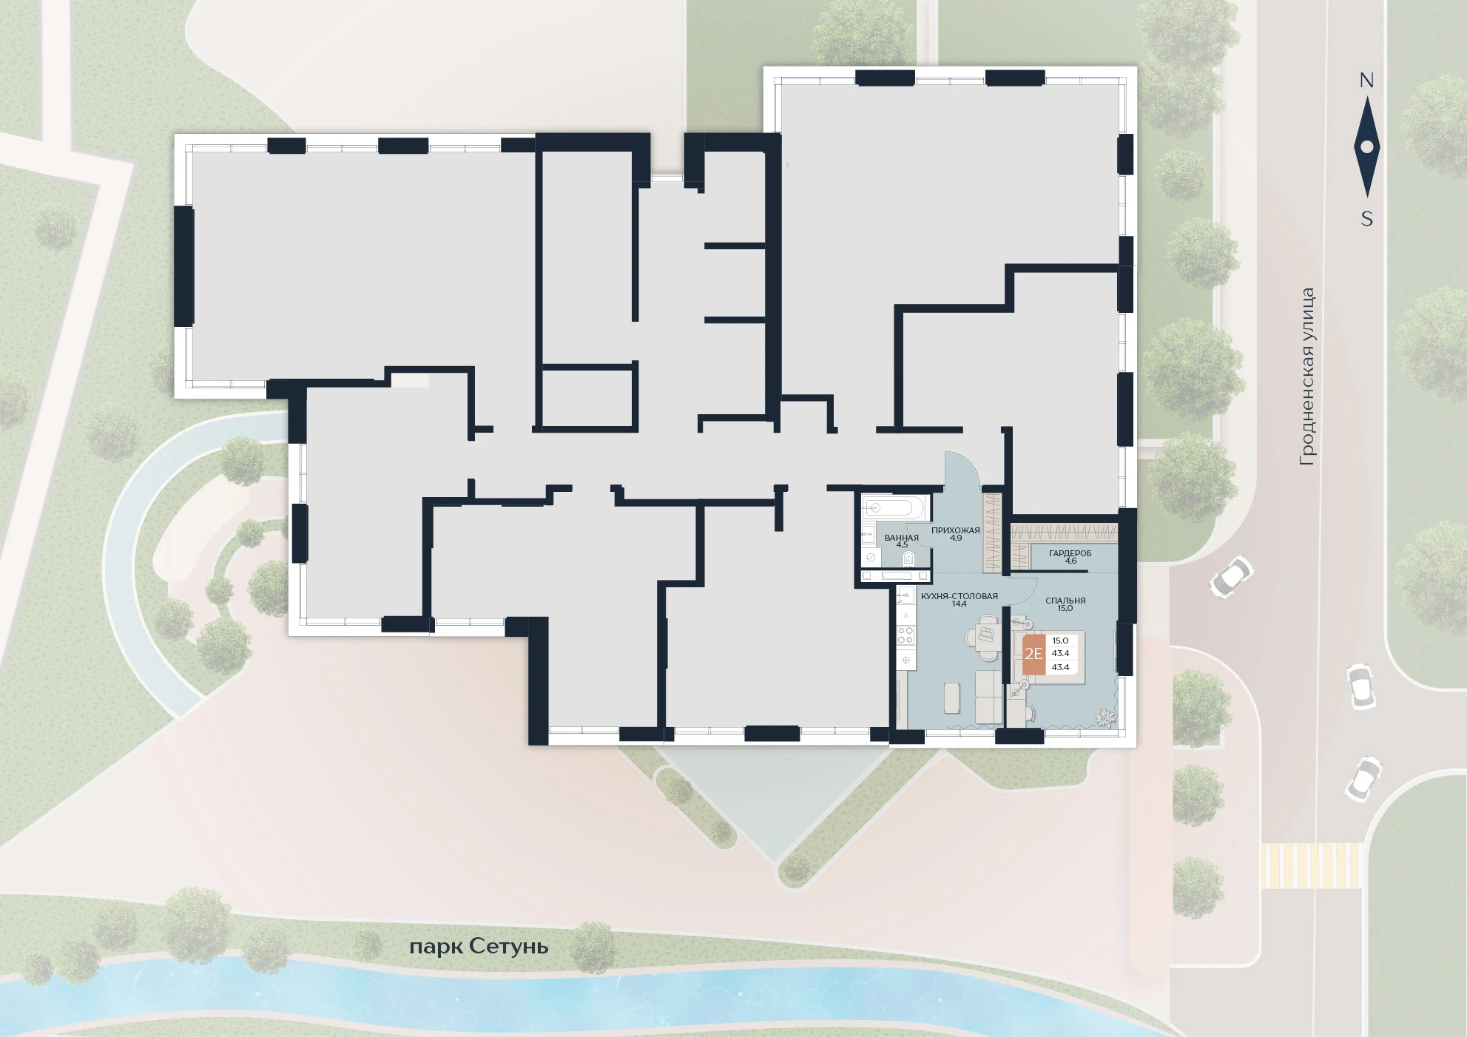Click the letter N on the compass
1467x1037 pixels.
pos(1366,81)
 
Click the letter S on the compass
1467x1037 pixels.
pos(1367,219)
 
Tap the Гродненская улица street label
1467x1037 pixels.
pos(1308,376)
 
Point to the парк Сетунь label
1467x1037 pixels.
pos(479,947)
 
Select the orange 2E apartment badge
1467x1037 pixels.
pos(1033,654)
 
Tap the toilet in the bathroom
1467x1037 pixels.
pos(908,558)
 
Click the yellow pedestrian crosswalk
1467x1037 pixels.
pos(1311,865)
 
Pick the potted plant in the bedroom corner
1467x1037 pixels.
pos(1105,717)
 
